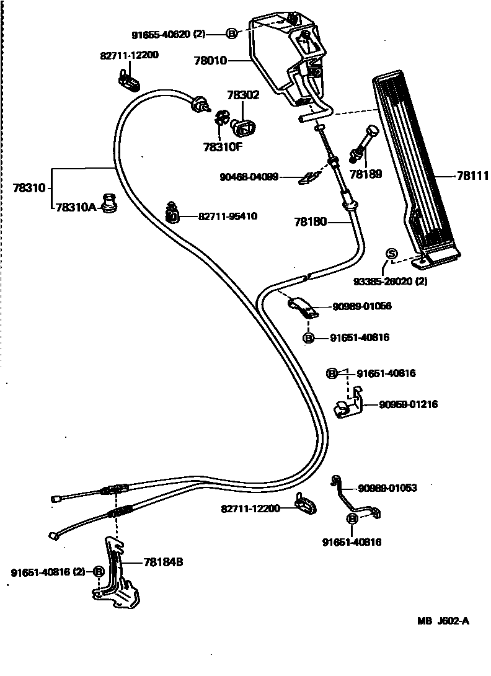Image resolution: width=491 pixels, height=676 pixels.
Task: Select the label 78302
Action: tap(243, 96)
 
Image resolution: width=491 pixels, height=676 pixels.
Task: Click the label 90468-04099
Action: tap(249, 177)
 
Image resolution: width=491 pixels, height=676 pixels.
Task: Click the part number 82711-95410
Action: tap(228, 216)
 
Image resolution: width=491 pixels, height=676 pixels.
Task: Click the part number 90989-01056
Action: tap(362, 306)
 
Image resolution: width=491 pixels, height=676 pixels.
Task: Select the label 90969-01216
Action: tap(409, 404)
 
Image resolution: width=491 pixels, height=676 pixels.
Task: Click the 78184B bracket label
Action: tap(162, 562)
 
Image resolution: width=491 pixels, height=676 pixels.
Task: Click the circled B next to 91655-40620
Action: tap(232, 34)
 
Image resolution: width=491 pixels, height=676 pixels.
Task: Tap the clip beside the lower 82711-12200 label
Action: tap(305, 504)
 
